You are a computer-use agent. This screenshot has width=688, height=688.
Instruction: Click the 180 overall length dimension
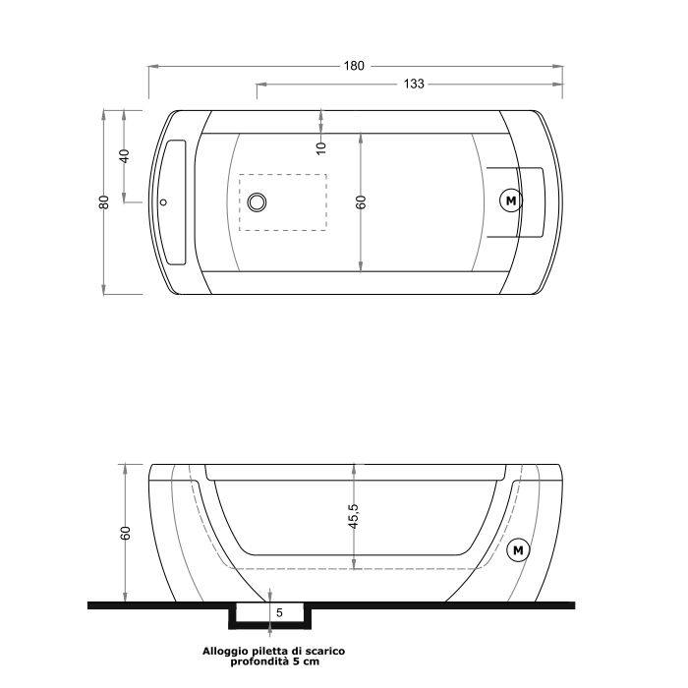354,66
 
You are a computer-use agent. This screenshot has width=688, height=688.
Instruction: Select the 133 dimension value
413,85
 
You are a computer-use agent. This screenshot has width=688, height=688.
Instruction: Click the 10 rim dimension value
321,146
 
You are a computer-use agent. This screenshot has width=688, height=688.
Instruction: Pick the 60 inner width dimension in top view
361,201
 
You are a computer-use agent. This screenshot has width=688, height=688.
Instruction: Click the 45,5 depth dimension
354,516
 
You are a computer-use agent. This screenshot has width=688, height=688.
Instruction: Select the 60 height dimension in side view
125,533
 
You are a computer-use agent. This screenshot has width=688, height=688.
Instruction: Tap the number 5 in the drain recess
280,612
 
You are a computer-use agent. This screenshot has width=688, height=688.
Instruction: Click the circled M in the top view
511,201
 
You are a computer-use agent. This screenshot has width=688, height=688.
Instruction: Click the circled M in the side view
517,549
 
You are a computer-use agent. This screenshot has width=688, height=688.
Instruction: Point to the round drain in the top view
258,201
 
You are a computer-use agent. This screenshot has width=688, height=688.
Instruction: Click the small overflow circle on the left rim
164,203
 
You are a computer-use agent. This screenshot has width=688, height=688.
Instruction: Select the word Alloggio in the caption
224,651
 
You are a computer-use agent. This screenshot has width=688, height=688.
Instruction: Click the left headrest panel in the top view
175,201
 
